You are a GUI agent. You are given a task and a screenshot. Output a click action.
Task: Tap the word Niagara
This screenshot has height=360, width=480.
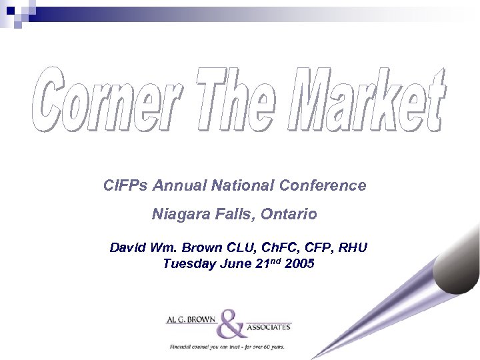(179, 215)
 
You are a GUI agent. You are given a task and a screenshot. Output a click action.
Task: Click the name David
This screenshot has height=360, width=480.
(129, 248)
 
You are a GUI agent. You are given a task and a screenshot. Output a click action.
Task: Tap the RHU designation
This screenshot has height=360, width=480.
(353, 248)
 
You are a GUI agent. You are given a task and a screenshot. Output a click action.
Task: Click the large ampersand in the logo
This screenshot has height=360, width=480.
(233, 324)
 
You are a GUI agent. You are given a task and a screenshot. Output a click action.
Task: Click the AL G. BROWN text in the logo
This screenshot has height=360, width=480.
(191, 320)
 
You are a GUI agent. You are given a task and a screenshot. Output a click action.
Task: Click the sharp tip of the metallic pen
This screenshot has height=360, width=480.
(313, 357)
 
